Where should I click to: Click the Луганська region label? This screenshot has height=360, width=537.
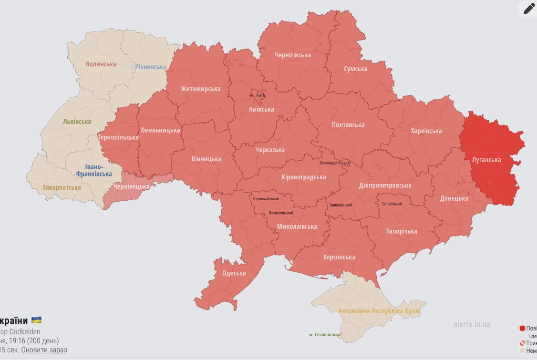tap(486, 160)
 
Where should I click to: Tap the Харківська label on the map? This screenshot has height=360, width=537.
tap(426, 131)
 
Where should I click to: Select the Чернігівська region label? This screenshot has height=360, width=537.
tap(292, 55)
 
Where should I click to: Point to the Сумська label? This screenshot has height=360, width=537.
tap(355, 69)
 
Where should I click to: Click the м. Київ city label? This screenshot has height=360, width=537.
tap(258, 95)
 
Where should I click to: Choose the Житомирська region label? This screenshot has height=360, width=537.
tap(200, 89)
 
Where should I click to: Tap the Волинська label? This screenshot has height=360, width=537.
tap(101, 64)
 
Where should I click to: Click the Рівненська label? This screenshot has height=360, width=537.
tap(150, 67)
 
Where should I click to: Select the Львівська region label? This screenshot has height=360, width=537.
tap(76, 122)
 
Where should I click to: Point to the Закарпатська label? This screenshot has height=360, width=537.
tap(62, 187)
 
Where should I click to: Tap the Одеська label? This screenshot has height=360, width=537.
tap(234, 273)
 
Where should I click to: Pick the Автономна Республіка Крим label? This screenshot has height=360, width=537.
tap(380, 311)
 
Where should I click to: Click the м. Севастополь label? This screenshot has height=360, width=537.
tap(324, 335)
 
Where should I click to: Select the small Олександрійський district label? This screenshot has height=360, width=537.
tap(334, 163)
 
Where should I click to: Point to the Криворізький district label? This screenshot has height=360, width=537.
tap(342, 205)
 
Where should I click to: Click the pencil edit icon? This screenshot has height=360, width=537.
tap(529, 9)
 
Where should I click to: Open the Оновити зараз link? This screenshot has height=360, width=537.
tap(44, 350)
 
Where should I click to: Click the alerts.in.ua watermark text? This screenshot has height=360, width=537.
tap(472, 324)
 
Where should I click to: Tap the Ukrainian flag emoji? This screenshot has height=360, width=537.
tap(36, 320)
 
